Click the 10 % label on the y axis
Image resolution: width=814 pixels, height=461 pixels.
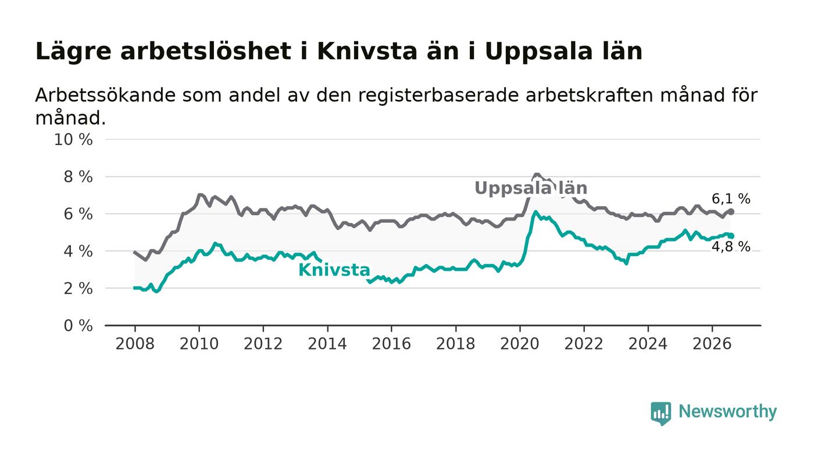tap(73, 139)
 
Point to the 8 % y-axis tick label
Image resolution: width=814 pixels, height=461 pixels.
tap(78, 177)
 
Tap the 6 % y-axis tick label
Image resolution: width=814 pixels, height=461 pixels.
tap(78, 214)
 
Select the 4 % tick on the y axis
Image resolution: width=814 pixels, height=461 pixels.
tap(78, 251)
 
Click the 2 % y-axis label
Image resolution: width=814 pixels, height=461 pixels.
tap(78, 289)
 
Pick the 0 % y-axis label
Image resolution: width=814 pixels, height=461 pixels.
tap(78, 326)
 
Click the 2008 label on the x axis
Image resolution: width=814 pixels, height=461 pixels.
tap(135, 344)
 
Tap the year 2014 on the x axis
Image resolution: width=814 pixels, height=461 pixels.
tap(327, 344)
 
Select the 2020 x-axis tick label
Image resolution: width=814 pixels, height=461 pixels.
tap(520, 344)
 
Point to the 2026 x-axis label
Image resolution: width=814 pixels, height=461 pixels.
tap(712, 344)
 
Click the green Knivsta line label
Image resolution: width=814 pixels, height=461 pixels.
tap(334, 270)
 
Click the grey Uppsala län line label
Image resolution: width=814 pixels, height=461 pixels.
tap(531, 188)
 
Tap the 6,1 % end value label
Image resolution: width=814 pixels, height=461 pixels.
tap(731, 199)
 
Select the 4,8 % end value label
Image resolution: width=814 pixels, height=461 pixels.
tap(731, 247)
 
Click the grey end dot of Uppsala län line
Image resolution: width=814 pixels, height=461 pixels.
tap(731, 211)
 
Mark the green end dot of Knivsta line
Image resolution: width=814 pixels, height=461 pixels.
tap(731, 236)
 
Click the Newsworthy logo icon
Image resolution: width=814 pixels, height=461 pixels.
tap(661, 413)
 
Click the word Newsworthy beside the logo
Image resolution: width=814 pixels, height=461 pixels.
tap(727, 412)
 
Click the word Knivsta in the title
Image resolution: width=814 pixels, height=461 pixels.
tap(367, 51)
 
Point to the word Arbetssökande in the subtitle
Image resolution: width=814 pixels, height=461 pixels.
tap(105, 95)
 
